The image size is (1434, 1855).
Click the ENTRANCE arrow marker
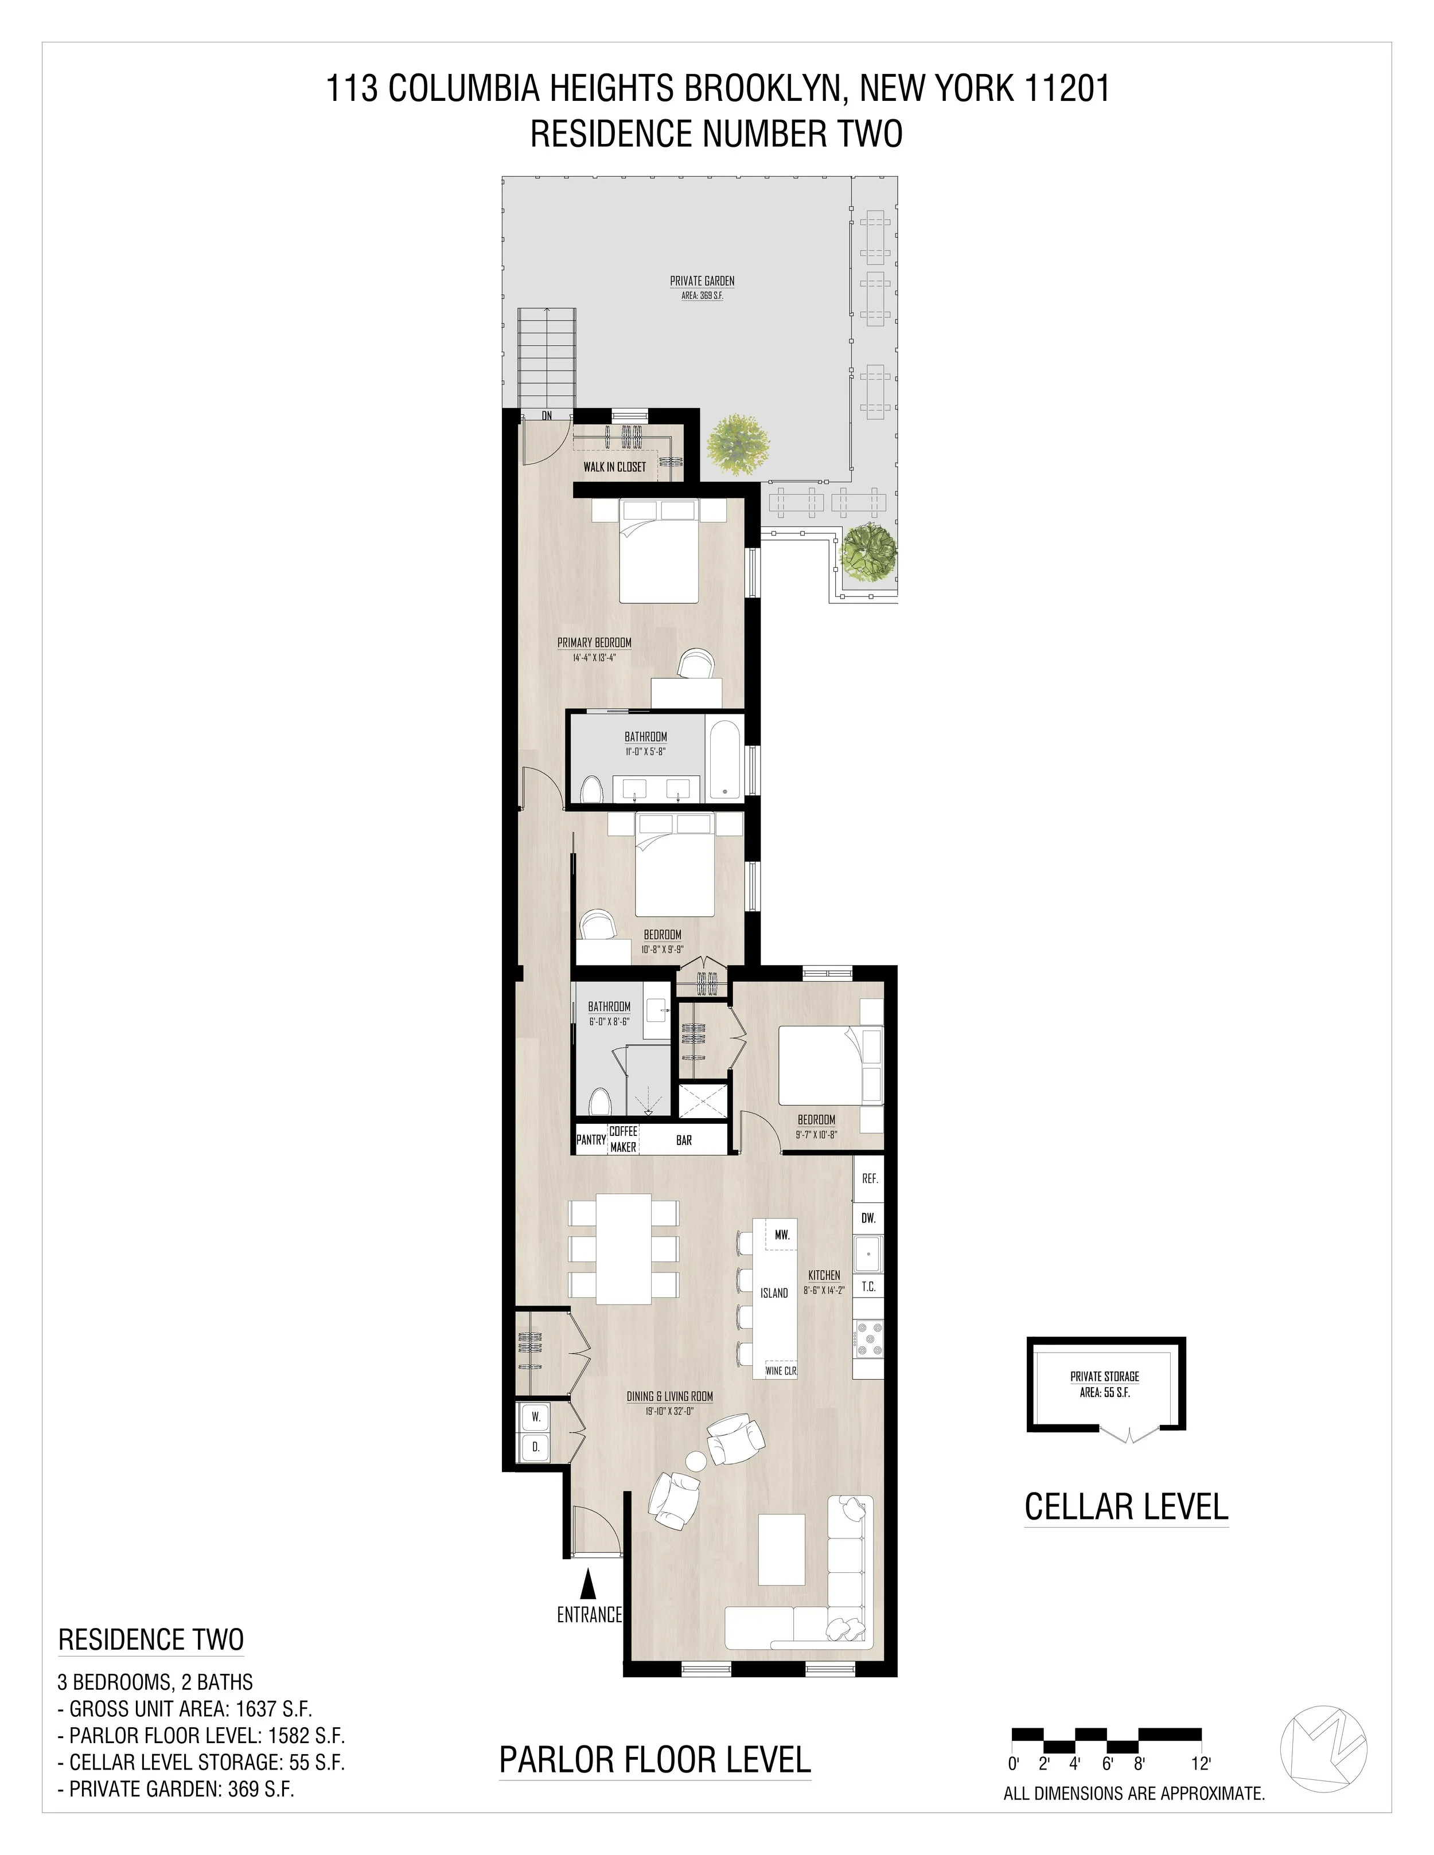(587, 1583)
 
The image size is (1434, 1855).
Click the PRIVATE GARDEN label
(702, 281)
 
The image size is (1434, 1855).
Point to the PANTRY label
(590, 1140)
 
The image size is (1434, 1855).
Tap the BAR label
(684, 1140)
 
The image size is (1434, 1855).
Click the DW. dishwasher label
(868, 1218)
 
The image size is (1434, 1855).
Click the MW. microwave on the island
(782, 1235)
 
